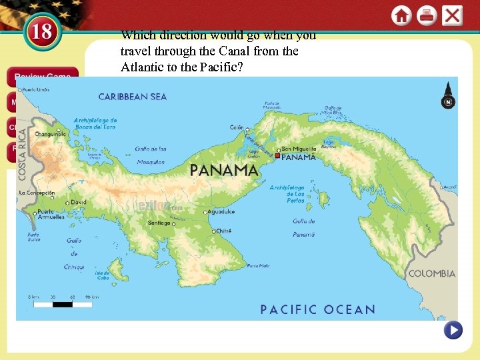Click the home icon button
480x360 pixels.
(401, 15)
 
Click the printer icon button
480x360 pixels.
(427, 15)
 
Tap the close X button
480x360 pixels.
(452, 15)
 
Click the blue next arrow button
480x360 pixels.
(453, 330)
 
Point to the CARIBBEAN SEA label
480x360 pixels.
(133, 97)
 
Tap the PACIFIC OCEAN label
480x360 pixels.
(317, 309)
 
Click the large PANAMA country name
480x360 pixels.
(223, 170)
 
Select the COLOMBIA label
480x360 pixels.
(432, 273)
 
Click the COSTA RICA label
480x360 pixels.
(22, 153)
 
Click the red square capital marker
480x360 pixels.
(277, 156)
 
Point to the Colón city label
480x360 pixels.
(237, 127)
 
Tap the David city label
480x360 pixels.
(79, 202)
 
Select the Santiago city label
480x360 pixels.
(159, 223)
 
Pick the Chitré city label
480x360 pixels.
(223, 231)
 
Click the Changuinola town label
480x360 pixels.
(51, 134)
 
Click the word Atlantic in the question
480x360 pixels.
(142, 67)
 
